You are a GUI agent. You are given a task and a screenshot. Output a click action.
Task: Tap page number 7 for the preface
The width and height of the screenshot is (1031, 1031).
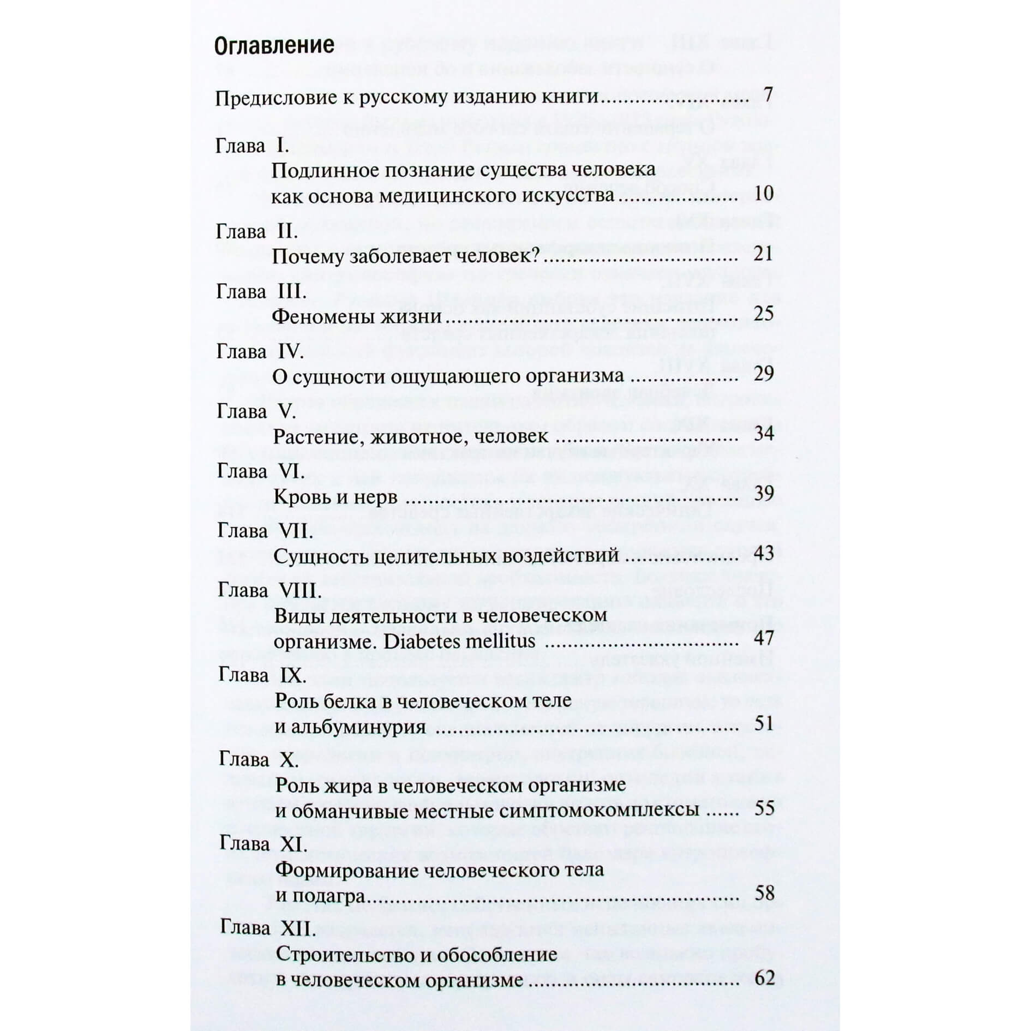pyautogui.click(x=768, y=95)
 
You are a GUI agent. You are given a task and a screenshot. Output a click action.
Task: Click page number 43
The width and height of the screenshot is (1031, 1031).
pyautogui.click(x=764, y=553)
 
